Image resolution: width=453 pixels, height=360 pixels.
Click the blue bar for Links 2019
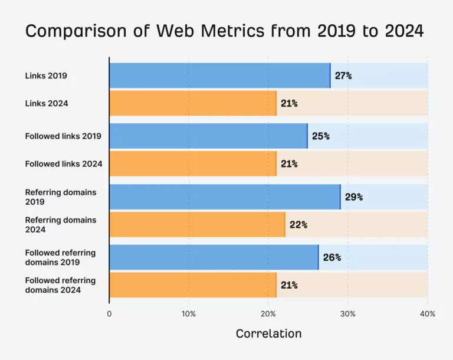(220, 76)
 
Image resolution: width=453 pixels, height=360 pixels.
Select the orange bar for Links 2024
(193, 103)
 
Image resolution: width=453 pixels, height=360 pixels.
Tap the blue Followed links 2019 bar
(209, 136)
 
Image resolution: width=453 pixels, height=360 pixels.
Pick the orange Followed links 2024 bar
(193, 163)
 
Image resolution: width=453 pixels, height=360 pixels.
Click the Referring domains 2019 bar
(225, 197)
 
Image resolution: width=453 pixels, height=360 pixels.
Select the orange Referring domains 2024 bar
(198, 225)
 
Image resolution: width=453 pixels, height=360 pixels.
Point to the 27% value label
(343, 76)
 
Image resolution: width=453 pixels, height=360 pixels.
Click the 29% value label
(354, 197)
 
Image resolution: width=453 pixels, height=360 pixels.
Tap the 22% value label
(298, 225)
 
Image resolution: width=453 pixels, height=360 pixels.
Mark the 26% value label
(332, 258)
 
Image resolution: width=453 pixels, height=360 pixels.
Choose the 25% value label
(321, 136)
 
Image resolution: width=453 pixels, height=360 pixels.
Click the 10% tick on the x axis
(189, 314)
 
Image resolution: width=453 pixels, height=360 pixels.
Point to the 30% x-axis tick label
(348, 314)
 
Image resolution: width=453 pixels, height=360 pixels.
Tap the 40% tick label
(428, 314)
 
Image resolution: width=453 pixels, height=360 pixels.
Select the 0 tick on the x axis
(109, 314)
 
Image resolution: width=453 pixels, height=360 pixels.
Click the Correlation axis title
(269, 333)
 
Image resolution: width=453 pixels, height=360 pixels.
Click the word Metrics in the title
(232, 31)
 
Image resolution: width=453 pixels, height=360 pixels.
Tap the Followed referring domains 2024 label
(60, 285)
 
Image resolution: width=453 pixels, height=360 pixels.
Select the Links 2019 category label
(46, 76)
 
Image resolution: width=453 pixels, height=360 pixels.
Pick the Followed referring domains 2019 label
(60, 257)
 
